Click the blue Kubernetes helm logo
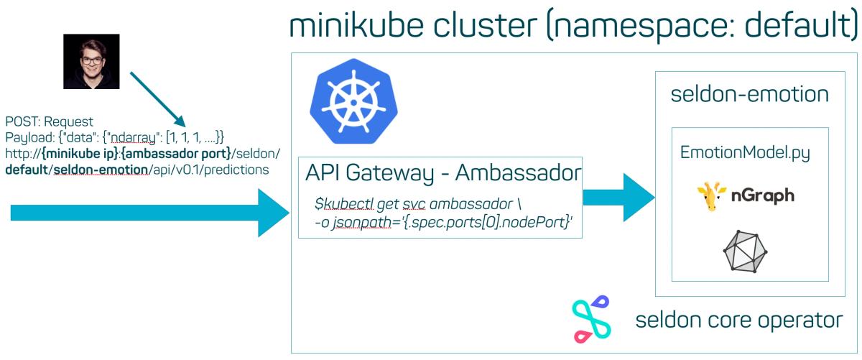coord(353,101)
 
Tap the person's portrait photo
coord(92,62)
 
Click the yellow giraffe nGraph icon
coord(711,196)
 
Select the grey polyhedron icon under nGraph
coord(745,251)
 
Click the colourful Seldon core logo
coord(591,319)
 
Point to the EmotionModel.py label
coord(745,153)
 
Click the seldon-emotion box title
coord(750,94)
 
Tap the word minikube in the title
coord(357,25)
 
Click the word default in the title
coord(797,25)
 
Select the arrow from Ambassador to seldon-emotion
coord(618,197)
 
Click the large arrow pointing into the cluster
coord(150,213)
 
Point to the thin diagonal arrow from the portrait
coord(158,99)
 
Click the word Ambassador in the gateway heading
coord(518,172)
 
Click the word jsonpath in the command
coord(362,223)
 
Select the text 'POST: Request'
coord(49,121)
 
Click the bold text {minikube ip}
coord(80,154)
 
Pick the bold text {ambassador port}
coord(176,154)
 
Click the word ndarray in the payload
coord(134,137)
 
